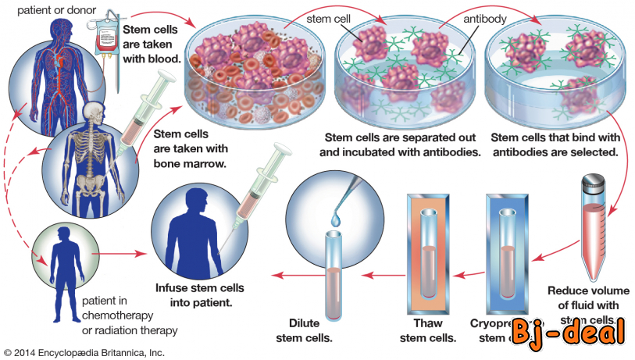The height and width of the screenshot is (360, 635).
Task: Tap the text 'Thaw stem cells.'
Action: tap(427, 330)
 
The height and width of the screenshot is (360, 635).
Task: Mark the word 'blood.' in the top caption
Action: tap(162, 58)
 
